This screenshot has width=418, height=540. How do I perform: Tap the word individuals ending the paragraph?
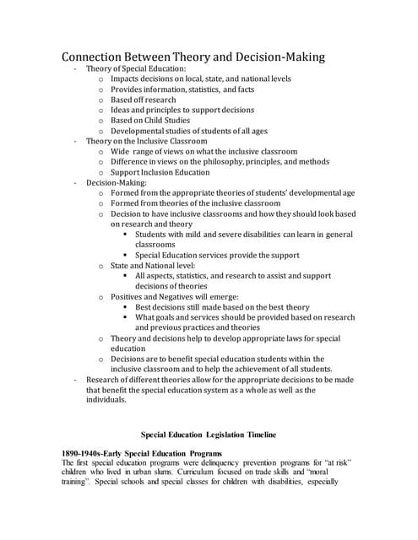point(106,400)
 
